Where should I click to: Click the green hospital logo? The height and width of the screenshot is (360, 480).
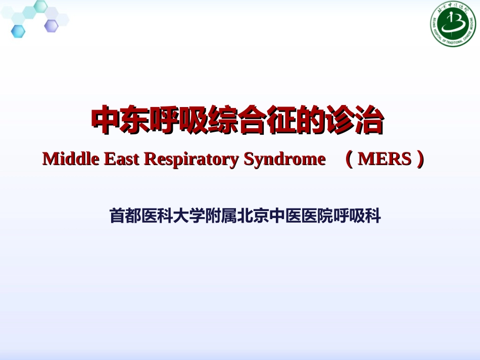point(453,24)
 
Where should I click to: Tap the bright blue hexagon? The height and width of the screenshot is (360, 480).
point(18,31)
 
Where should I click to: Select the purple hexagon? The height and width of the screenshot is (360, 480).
point(51,26)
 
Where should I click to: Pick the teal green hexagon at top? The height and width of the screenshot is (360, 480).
point(40,7)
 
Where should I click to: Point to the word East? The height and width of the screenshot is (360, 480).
point(121,159)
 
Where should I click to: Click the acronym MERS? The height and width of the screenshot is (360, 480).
point(384,160)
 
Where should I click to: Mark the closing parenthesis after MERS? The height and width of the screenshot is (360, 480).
point(419,160)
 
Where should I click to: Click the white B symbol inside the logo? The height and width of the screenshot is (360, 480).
point(454,23)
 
